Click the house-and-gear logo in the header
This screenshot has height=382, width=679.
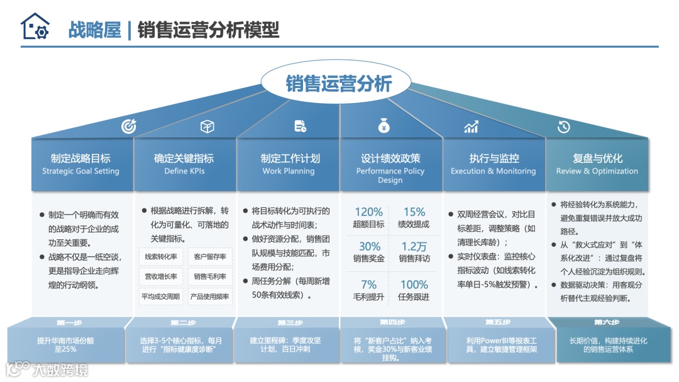[x=35, y=27]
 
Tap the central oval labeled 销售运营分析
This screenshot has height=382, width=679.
[x=339, y=84]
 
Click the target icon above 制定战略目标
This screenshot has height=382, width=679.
[x=128, y=126]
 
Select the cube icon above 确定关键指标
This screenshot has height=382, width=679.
[x=207, y=126]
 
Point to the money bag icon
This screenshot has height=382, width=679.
[x=384, y=126]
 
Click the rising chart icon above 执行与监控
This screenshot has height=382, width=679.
[x=471, y=126]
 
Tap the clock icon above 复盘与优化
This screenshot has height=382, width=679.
[x=563, y=126]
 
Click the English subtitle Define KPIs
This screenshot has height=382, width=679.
[x=184, y=171]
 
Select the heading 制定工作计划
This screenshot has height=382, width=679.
[x=290, y=158]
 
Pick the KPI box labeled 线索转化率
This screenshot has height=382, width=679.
[x=161, y=256]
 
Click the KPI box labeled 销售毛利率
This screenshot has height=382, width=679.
[x=209, y=276]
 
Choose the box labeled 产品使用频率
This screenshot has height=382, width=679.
[x=209, y=296]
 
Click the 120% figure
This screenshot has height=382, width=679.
[x=368, y=212]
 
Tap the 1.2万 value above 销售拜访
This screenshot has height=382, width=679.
[x=414, y=246]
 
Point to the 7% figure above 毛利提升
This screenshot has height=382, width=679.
[x=368, y=284]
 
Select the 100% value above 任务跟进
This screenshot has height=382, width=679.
[x=414, y=284]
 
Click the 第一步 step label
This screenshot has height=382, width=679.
[x=69, y=323]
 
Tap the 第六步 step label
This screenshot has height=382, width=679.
[x=607, y=323]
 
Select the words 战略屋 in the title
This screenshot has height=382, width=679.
[x=95, y=30]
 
